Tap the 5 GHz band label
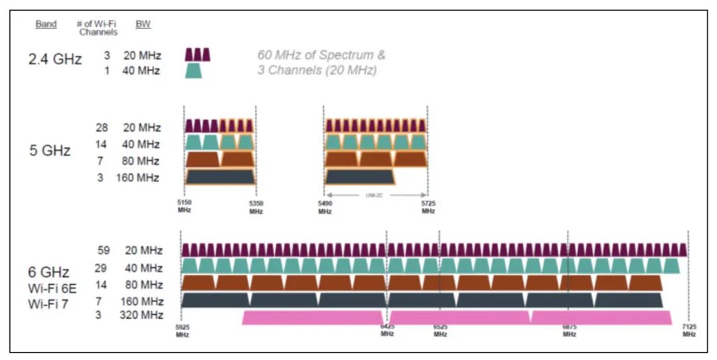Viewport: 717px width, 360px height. pyautogui.click(x=51, y=151)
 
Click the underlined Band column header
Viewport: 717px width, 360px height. pyautogui.click(x=46, y=25)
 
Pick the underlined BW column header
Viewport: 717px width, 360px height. pyautogui.click(x=143, y=25)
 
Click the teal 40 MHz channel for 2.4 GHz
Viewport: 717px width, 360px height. pyautogui.click(x=193, y=70)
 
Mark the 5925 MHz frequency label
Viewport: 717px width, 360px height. pyautogui.click(x=182, y=331)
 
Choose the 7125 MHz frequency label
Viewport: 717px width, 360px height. pyautogui.click(x=689, y=331)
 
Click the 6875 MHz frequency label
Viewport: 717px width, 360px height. pyautogui.click(x=569, y=331)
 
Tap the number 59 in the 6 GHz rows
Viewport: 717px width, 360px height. pyautogui.click(x=104, y=250)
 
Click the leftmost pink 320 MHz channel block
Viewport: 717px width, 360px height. pyautogui.click(x=313, y=317)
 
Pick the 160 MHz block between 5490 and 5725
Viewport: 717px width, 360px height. pyautogui.click(x=359, y=177)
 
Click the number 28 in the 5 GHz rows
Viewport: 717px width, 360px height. pyautogui.click(x=102, y=128)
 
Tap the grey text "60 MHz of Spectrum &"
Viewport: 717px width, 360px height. pyautogui.click(x=321, y=55)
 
